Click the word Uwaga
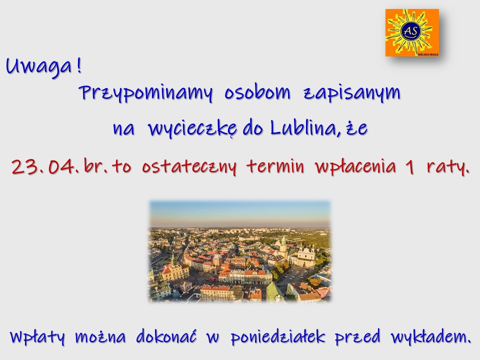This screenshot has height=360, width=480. [39, 66]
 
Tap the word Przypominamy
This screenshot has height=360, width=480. [145, 93]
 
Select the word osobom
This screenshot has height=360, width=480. [257, 92]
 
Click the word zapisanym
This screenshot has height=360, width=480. [352, 93]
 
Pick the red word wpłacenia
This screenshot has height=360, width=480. [355, 167]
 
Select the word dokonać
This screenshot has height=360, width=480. [166, 336]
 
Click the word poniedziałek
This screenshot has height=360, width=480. [277, 336]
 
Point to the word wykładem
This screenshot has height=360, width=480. [430, 336]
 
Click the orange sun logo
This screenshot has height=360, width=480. [412, 33]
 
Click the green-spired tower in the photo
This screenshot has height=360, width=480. [284, 247]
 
